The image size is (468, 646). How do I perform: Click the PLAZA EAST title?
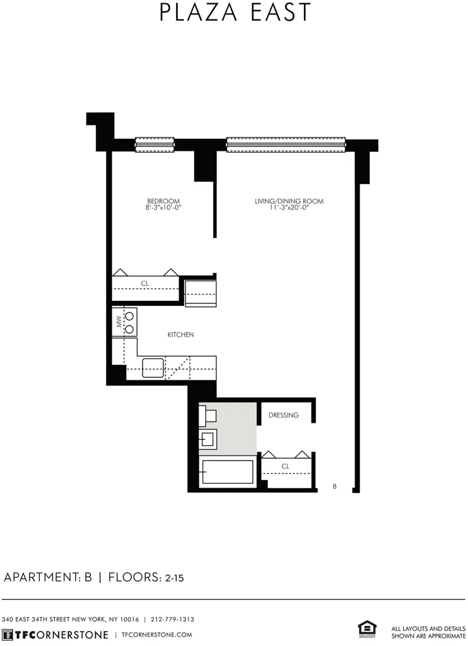(x=235, y=12)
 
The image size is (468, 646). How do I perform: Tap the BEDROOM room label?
(x=163, y=201)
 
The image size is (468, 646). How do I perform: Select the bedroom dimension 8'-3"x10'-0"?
(x=163, y=208)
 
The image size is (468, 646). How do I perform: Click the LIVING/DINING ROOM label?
(x=290, y=201)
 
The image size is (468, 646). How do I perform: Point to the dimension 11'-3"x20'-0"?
(x=290, y=208)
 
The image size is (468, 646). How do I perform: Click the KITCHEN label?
(x=180, y=334)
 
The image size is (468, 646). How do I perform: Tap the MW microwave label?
(x=119, y=322)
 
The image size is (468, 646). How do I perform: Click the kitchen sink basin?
(x=153, y=368)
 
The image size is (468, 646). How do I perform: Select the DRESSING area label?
(x=284, y=415)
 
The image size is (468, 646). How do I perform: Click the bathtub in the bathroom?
(x=226, y=472)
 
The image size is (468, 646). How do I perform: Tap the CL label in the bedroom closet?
(x=144, y=283)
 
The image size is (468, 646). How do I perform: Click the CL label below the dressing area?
(x=286, y=466)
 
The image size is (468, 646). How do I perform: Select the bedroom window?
(x=155, y=144)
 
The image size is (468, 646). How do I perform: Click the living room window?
(x=286, y=144)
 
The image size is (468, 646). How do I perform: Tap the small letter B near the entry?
(x=334, y=486)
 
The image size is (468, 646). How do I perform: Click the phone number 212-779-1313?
(x=172, y=620)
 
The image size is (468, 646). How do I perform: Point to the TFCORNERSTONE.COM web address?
(x=157, y=635)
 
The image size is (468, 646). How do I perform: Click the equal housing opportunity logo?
(x=367, y=630)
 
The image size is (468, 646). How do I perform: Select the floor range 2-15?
(x=174, y=578)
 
